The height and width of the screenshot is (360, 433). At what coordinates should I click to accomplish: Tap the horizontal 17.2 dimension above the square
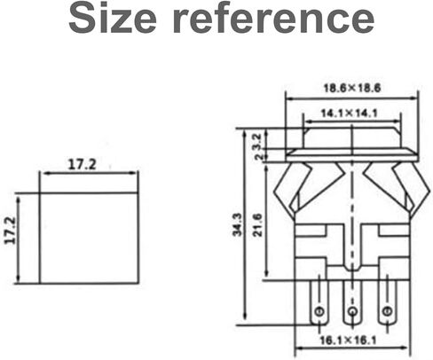pyautogui.click(x=82, y=164)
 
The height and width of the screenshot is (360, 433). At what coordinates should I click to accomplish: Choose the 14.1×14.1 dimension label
pyautogui.click(x=350, y=113)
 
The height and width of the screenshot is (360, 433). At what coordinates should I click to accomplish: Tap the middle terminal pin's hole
pyautogui.click(x=351, y=312)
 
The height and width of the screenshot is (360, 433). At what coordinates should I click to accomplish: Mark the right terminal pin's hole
pyautogui.click(x=386, y=312)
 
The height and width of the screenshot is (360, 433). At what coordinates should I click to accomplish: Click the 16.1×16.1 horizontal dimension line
pyautogui.click(x=351, y=349)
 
